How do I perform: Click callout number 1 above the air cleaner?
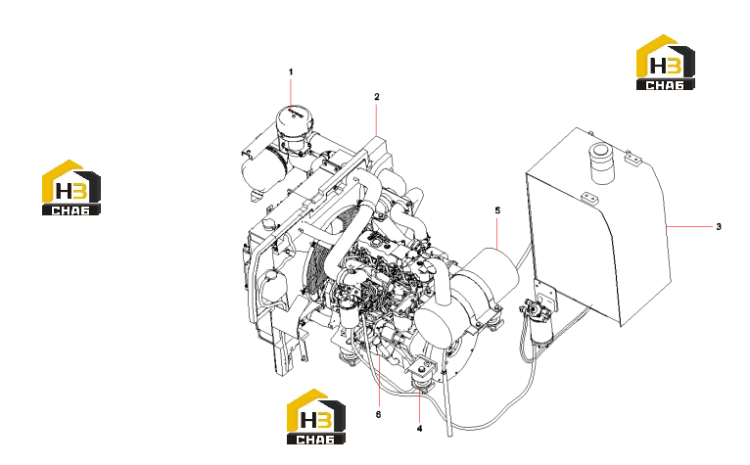pyautogui.click(x=291, y=71)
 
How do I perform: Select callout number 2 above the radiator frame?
pyautogui.click(x=377, y=97)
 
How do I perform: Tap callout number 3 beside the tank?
pyautogui.click(x=719, y=226)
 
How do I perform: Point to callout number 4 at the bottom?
pyautogui.click(x=419, y=429)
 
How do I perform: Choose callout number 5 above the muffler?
pyautogui.click(x=497, y=210)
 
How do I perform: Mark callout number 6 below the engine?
pyautogui.click(x=378, y=414)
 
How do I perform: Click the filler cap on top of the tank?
pyautogui.click(x=602, y=163)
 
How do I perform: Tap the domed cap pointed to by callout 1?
pyautogui.click(x=294, y=122)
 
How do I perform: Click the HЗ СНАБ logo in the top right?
pyautogui.click(x=666, y=63)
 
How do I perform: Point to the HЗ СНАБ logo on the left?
pyautogui.click(x=71, y=188)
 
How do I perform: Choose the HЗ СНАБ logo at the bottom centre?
pyautogui.click(x=315, y=417)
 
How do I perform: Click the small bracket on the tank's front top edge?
pyautogui.click(x=589, y=198)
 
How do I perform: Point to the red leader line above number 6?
pyautogui.click(x=378, y=382)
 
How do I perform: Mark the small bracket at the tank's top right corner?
pyautogui.click(x=633, y=158)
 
